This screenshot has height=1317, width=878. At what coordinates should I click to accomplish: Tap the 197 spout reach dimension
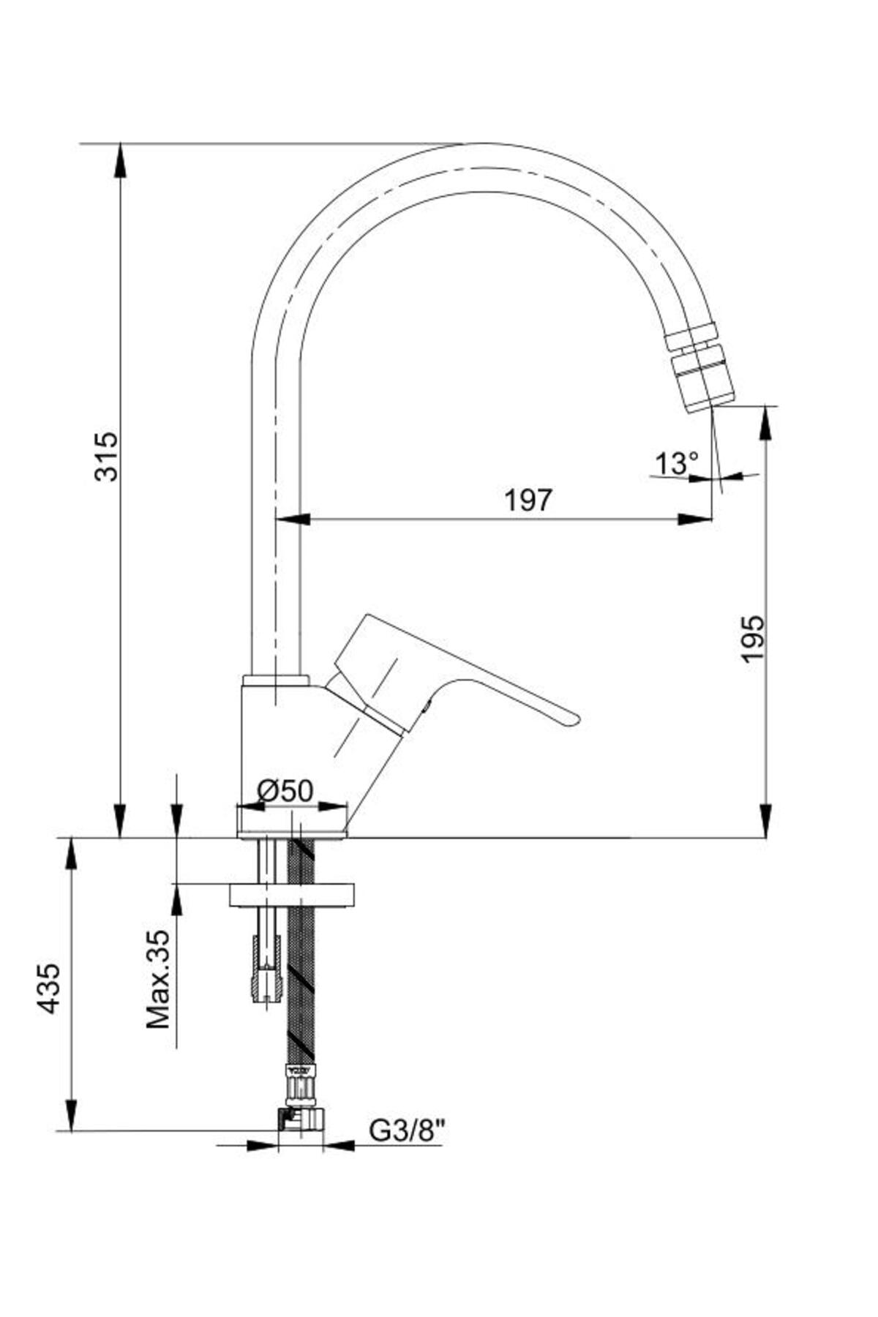(x=528, y=500)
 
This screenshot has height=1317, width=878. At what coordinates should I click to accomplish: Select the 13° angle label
(x=677, y=462)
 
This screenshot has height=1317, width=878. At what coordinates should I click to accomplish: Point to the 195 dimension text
(x=751, y=639)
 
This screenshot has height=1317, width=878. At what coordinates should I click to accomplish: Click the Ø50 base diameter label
(x=285, y=790)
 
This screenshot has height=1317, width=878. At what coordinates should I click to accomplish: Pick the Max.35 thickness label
(x=158, y=979)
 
